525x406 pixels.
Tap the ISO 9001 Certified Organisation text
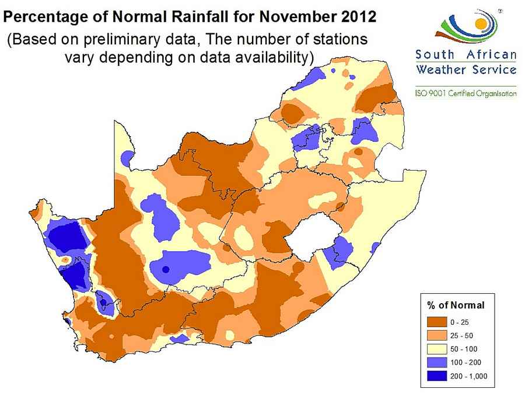tap(466, 93)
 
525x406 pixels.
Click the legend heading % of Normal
tap(456, 305)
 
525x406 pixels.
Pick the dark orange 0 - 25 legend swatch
tap(436, 322)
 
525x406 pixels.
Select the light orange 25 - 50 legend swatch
tap(436, 335)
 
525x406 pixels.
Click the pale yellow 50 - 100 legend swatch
tap(436, 349)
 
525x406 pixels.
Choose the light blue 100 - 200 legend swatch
tap(436, 362)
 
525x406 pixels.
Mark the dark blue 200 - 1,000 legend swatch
tap(436, 376)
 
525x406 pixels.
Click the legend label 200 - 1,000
tap(468, 376)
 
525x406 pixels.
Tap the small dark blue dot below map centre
tap(166, 269)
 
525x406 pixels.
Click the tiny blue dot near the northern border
tap(333, 71)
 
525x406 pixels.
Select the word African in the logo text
tap(492, 55)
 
